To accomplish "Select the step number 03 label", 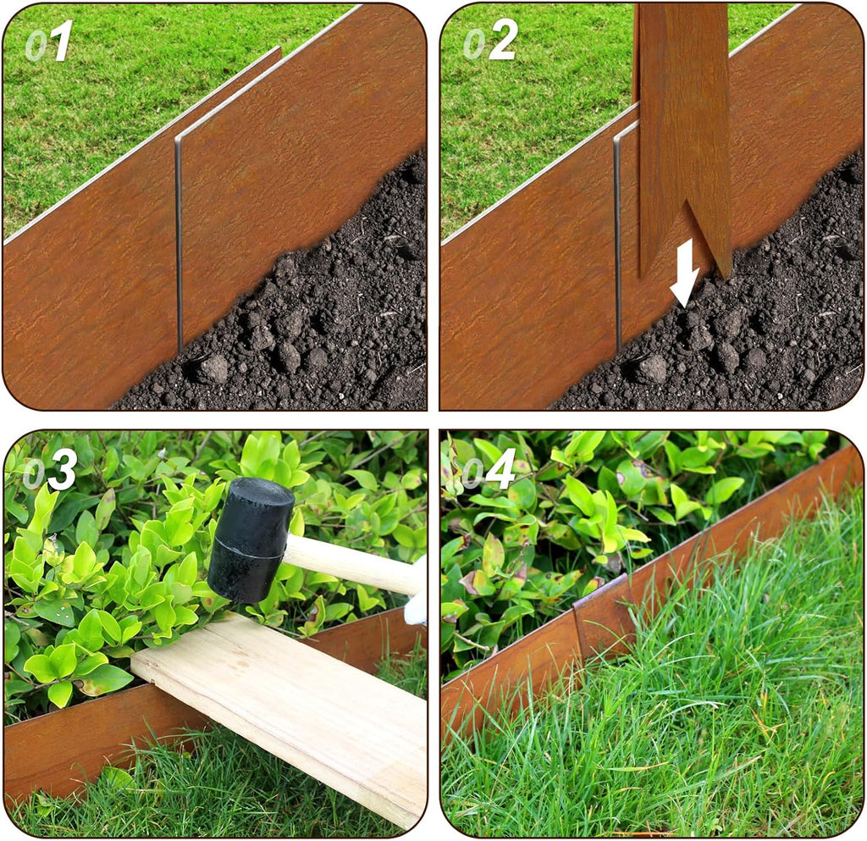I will tap(50, 471).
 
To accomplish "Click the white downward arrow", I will tap(684, 274).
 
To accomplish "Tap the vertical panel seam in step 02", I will tap(617, 237).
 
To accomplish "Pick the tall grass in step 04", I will tap(677, 720).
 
